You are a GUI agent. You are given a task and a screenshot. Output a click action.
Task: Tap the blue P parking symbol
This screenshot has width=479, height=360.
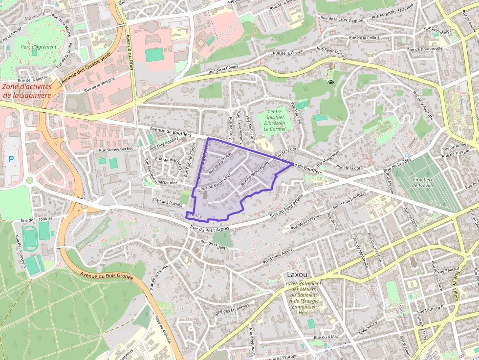11,159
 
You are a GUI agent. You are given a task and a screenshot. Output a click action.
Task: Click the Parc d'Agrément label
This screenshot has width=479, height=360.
39,47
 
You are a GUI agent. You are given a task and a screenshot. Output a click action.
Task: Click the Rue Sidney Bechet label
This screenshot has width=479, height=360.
116,149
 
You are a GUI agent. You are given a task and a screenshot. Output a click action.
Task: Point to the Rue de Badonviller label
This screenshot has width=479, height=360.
215,184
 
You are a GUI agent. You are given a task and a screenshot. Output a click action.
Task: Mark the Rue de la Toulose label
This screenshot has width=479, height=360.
37,219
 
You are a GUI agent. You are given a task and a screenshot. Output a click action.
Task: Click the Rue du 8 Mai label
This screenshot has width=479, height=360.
327,337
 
